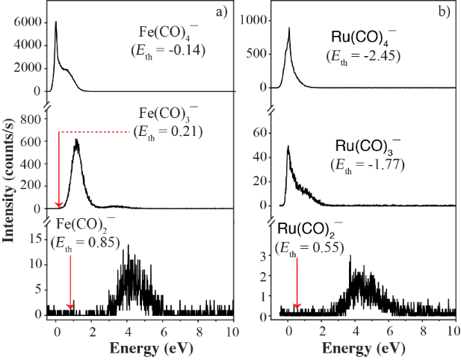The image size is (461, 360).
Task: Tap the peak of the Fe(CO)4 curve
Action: [56, 22]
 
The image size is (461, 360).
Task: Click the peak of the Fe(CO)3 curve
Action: [76, 140]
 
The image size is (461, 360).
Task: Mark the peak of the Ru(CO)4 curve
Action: [289, 28]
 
